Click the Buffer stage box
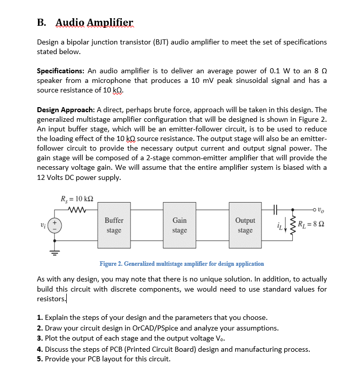[x=114, y=225]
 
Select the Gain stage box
[x=179, y=225]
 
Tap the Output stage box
[x=245, y=225]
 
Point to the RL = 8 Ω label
[x=311, y=225]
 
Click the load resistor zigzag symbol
[x=293, y=225]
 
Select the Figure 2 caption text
[x=182, y=263]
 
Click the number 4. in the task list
[x=40, y=349]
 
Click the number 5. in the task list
[x=40, y=359]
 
